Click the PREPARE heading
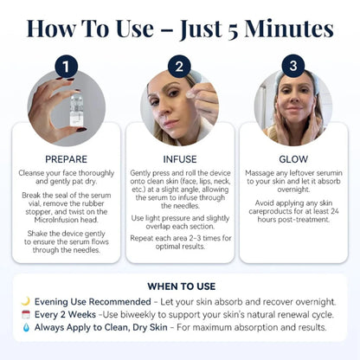67,158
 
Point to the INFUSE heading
180,158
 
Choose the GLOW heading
293,158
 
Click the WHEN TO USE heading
180,286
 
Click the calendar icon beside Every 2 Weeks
25,315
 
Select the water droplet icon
25,328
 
